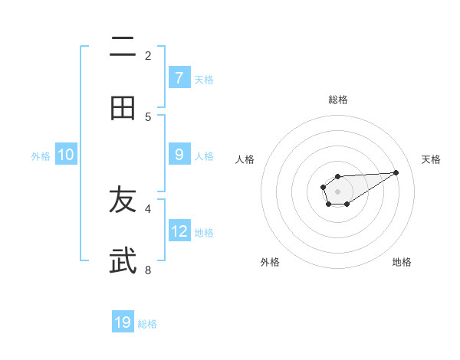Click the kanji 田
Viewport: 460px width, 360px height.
point(123,108)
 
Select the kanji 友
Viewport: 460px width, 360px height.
point(123,200)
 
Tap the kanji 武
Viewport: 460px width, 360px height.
point(123,261)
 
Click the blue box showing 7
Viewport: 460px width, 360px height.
point(179,77)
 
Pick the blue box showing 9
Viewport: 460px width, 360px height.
point(179,155)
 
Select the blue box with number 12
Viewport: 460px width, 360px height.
point(179,231)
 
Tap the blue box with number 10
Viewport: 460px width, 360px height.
point(66,155)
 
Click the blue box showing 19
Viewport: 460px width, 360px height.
point(123,322)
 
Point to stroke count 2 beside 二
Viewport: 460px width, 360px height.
point(148,55)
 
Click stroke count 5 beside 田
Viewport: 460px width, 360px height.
point(148,116)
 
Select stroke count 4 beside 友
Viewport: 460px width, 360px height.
point(148,208)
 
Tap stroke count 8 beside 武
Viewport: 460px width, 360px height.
point(148,270)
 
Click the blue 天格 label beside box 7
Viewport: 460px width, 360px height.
point(204,79)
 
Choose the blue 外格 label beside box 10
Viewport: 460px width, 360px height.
point(41,155)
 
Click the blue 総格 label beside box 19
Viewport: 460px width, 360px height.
point(147,324)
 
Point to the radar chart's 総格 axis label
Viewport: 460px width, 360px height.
point(337,100)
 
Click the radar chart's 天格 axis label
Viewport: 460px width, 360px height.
point(431,159)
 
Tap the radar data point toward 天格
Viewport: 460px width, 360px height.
point(396,172)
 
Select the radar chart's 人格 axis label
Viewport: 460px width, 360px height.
point(245,159)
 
